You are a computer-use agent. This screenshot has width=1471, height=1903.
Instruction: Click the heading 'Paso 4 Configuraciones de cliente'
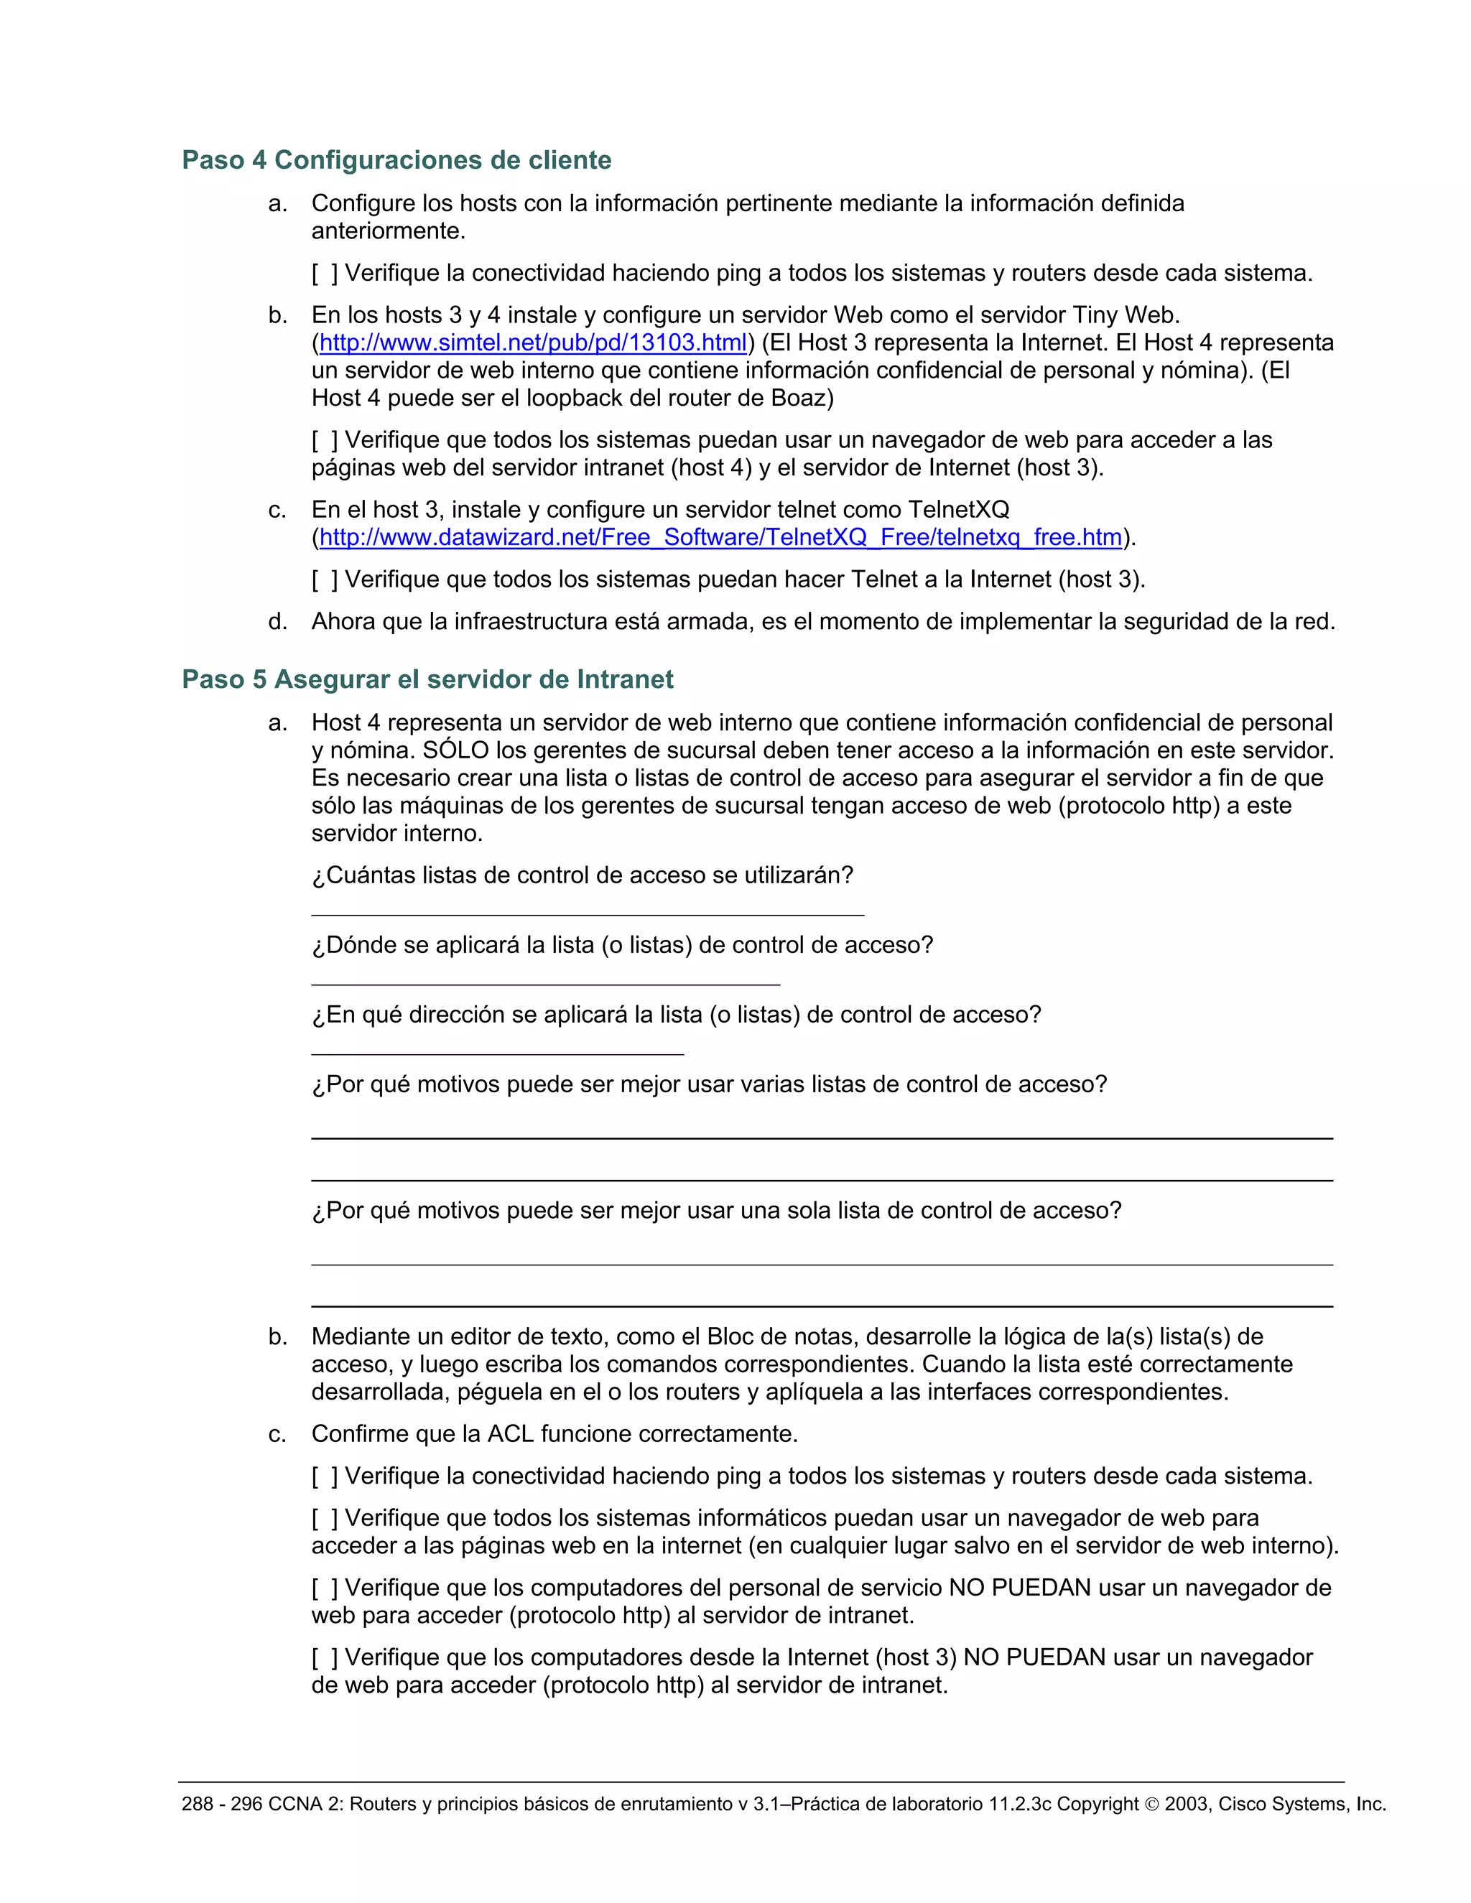396,160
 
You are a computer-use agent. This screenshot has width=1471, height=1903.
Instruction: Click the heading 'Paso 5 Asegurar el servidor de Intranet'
427,679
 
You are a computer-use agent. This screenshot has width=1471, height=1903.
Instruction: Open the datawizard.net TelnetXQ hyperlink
720,538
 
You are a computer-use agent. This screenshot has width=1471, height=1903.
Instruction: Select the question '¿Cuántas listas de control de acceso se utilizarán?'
582,875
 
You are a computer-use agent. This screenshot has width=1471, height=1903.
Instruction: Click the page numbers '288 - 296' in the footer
221,1805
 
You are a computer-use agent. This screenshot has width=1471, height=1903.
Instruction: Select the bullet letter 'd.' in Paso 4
277,622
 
